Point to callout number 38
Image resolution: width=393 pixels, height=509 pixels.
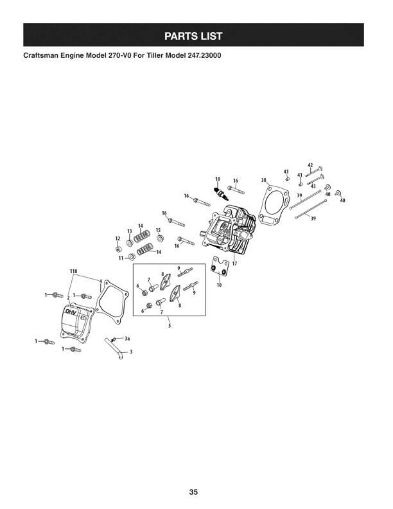pos(263,180)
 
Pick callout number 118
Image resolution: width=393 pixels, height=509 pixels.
pos(73,272)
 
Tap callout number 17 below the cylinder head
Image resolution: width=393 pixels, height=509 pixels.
pos(235,263)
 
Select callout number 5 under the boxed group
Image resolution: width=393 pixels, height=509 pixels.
pos(169,326)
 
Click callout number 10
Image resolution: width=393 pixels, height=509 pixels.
pos(219,285)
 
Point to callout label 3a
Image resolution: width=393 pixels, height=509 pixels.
pos(127,338)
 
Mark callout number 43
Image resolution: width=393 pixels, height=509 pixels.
pos(313,186)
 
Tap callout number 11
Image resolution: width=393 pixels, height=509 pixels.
pos(120,258)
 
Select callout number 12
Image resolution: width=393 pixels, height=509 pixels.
pos(118,238)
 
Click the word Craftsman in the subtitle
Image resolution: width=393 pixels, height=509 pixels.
pos(42,56)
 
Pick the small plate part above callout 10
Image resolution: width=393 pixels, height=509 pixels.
pos(221,268)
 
